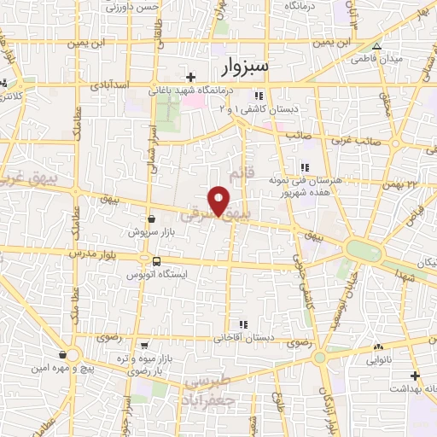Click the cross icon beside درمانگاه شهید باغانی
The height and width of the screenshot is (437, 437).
coord(191,77)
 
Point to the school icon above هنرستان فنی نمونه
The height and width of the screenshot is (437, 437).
coord(303,168)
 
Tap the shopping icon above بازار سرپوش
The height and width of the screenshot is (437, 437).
coord(151,218)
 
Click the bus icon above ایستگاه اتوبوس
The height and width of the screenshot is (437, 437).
coord(156,262)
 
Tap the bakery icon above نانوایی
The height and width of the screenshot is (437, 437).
coord(377,347)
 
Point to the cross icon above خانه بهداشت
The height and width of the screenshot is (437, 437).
coord(415,376)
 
